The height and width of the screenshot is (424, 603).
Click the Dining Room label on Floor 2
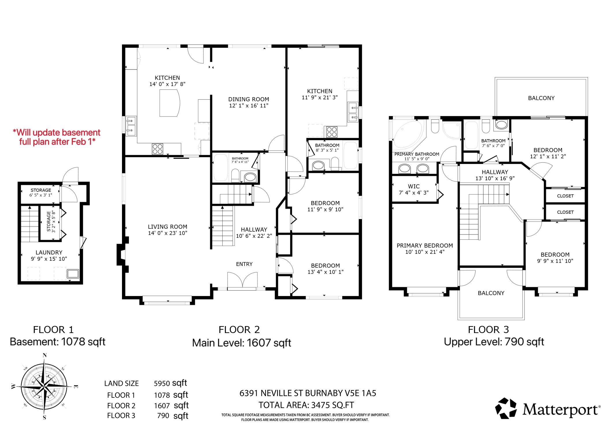tap(249, 99)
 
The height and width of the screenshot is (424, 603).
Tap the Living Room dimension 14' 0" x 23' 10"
tap(168, 233)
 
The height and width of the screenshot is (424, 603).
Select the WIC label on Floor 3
tap(414, 186)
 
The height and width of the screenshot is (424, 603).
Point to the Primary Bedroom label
tap(425, 246)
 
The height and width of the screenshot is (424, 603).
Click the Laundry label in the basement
tap(49, 252)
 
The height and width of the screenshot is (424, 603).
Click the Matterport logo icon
tap(506, 408)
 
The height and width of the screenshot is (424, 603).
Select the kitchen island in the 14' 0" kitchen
tap(170, 103)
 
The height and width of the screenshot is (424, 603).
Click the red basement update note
tap(57, 137)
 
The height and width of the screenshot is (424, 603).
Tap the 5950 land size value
tap(162, 383)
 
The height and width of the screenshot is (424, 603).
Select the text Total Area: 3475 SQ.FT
tap(306, 405)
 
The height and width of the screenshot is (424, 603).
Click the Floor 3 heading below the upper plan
tap(488, 330)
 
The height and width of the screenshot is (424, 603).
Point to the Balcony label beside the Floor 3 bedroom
tap(541, 98)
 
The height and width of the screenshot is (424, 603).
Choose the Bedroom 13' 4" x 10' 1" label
tap(325, 269)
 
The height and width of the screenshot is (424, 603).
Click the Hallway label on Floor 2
tap(254, 229)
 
